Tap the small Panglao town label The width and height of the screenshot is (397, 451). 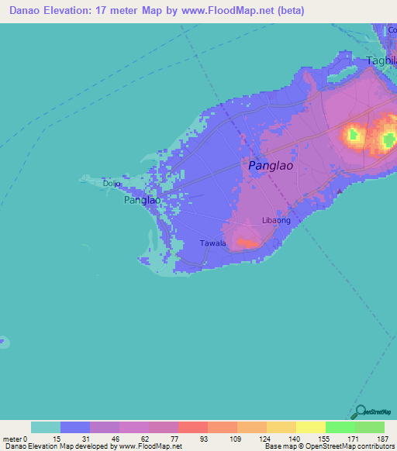click(142, 200)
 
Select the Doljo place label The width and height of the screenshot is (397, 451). click(112, 184)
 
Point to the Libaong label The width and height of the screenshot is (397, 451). click(276, 221)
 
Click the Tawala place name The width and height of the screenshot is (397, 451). click(213, 243)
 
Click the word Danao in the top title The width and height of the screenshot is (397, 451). click(26, 11)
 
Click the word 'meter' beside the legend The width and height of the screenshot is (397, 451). click(12, 439)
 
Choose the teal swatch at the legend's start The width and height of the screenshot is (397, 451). click(46, 427)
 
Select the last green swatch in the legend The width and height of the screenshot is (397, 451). click(370, 427)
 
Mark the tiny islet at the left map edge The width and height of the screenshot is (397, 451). click(4, 340)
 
